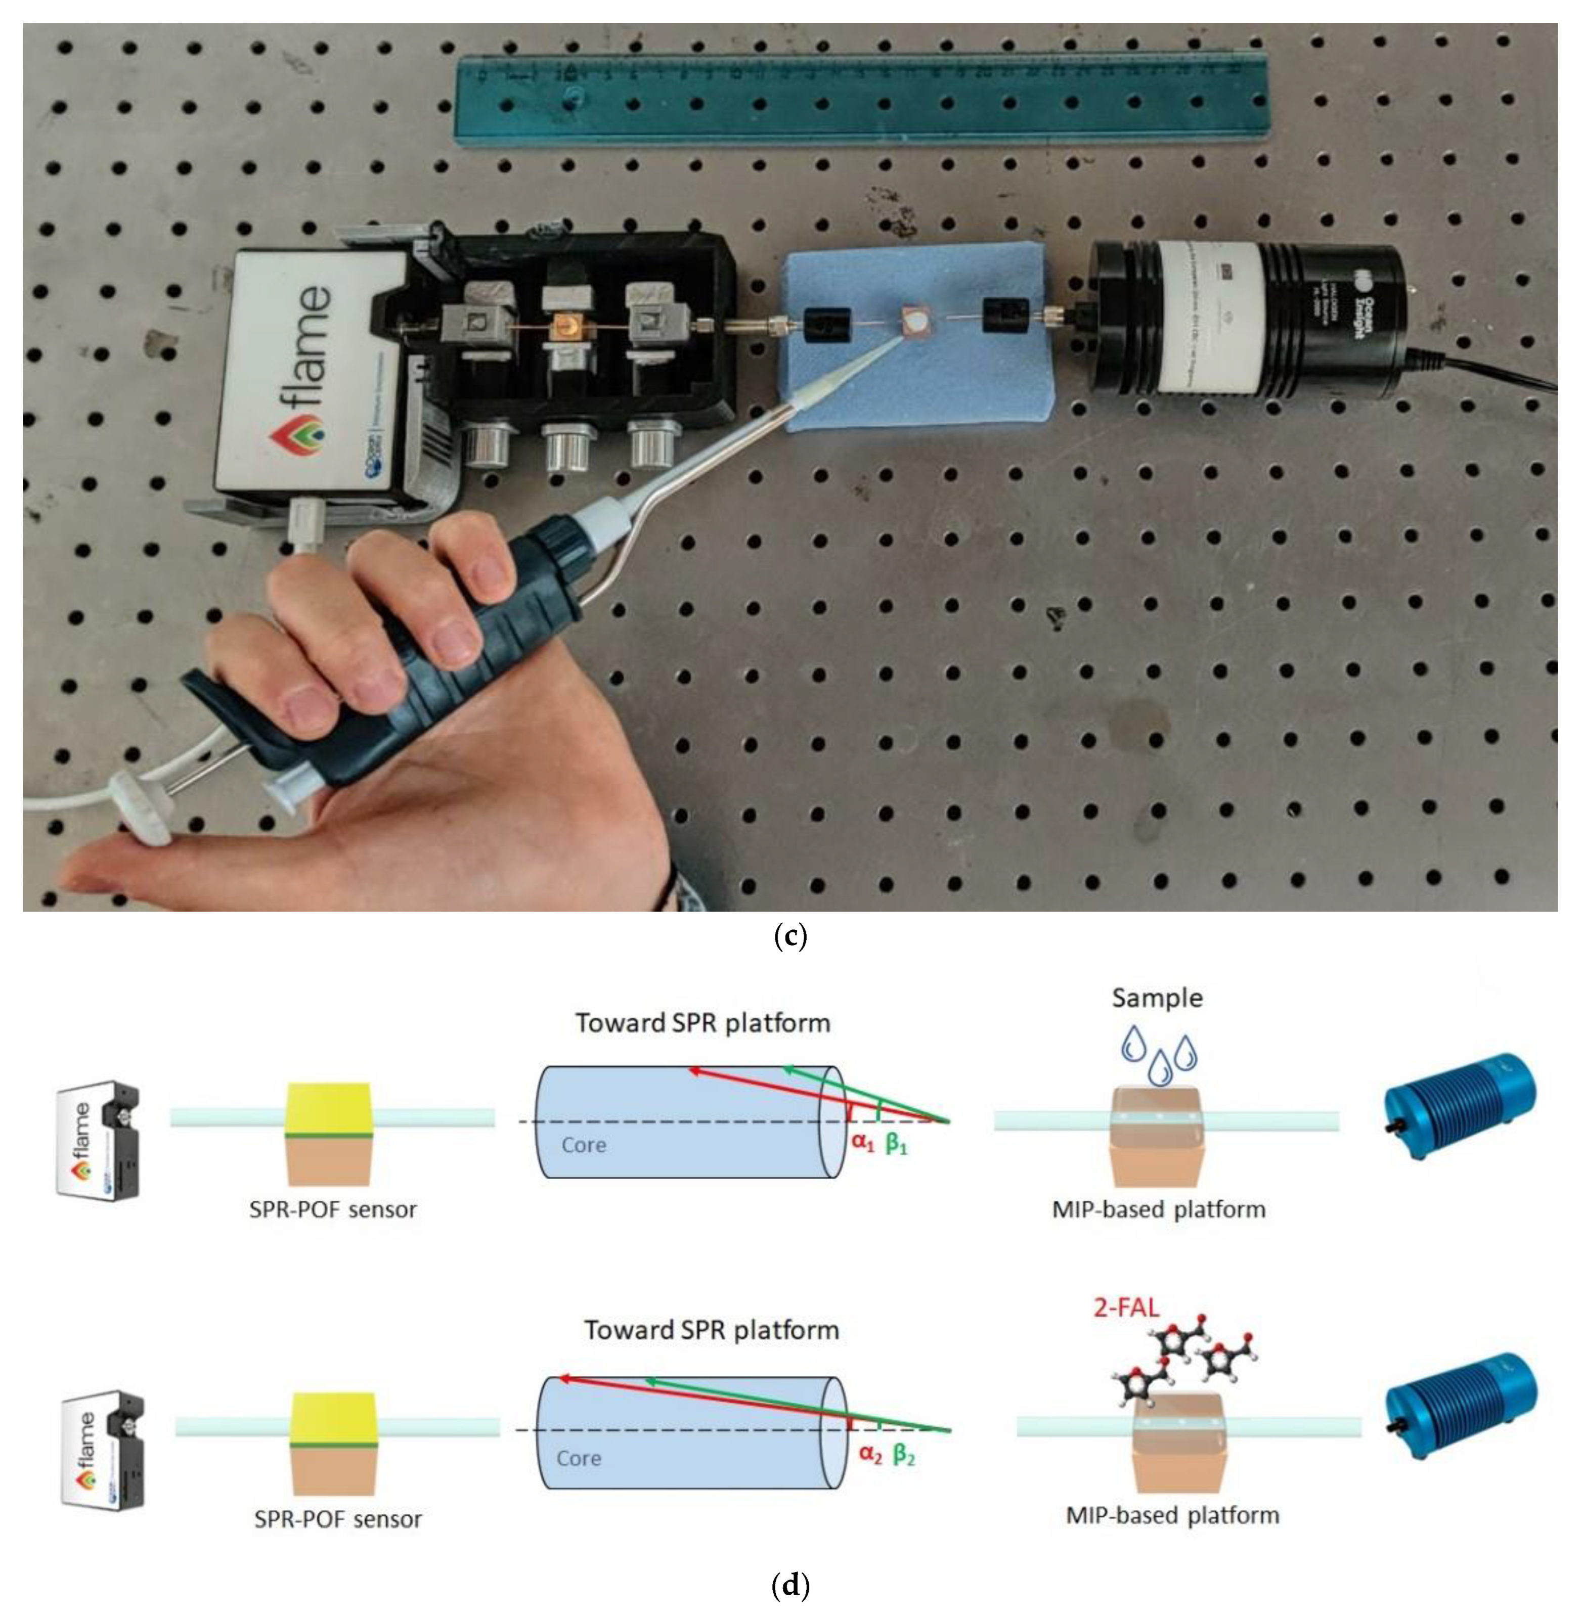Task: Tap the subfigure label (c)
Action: pyautogui.click(x=789, y=937)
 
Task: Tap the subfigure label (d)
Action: pyautogui.click(x=789, y=1585)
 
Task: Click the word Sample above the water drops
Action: pyautogui.click(x=1157, y=998)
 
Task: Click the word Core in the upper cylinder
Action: pyautogui.click(x=583, y=1145)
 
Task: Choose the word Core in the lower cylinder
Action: pyautogui.click(x=578, y=1458)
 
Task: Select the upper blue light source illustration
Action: pyautogui.click(x=1459, y=1105)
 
